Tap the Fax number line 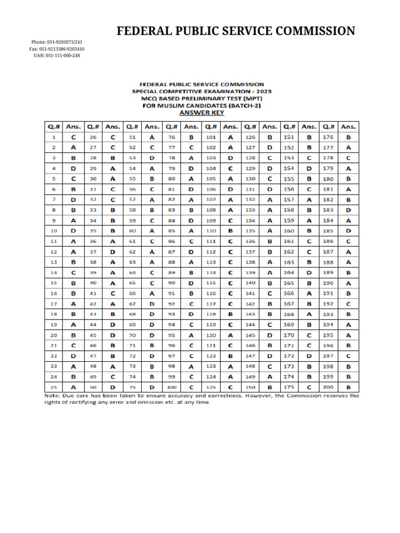click(x=57, y=49)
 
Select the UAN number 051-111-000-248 click(x=57, y=56)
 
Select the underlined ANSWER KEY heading click(x=201, y=112)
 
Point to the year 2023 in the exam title click(x=261, y=91)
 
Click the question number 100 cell click(x=171, y=387)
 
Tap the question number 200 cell click(x=329, y=387)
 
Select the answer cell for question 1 click(x=73, y=137)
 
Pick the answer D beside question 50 click(x=113, y=387)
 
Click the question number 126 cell click(x=250, y=137)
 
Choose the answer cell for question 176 click(x=348, y=137)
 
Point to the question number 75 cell click(x=132, y=387)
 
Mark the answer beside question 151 click(x=309, y=137)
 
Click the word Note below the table click(x=51, y=396)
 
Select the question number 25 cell click(x=54, y=387)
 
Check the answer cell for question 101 click(x=230, y=137)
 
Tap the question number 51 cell click(x=132, y=137)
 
